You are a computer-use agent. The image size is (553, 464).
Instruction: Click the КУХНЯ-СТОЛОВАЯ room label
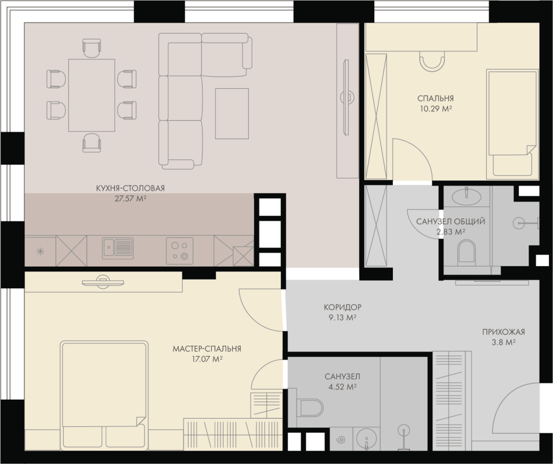[x=130, y=188]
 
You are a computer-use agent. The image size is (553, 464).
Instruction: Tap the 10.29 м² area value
[x=436, y=108]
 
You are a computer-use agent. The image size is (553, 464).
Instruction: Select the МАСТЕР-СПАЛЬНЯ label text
[x=207, y=349]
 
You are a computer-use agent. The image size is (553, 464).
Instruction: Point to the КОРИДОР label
[x=342, y=307]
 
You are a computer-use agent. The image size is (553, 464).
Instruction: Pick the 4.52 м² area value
[x=342, y=387]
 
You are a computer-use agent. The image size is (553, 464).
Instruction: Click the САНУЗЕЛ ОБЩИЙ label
[x=450, y=222]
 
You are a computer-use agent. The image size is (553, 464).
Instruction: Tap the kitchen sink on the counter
[x=118, y=248]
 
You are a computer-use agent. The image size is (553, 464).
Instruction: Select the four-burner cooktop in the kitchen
[x=179, y=251]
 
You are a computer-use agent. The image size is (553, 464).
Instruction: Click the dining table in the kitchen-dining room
[x=92, y=95]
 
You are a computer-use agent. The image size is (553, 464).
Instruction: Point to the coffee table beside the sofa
[x=232, y=114]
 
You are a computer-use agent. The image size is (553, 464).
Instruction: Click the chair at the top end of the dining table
[x=92, y=48]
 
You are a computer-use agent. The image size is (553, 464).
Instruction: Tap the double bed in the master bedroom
[x=104, y=395]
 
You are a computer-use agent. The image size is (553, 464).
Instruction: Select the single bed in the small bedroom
[x=512, y=124]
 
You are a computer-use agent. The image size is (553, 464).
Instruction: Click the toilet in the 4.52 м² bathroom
[x=310, y=408]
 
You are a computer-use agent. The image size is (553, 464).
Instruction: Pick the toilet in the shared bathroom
[x=466, y=251]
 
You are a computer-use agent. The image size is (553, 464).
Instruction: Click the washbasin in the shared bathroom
[x=466, y=197]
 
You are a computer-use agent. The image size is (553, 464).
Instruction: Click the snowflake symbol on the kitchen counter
[x=40, y=252]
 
